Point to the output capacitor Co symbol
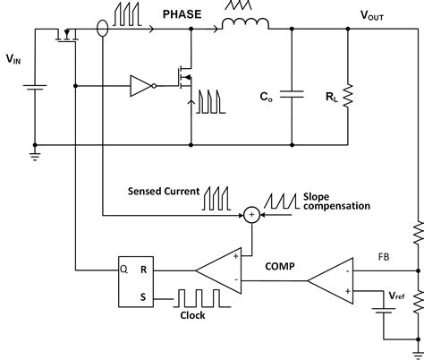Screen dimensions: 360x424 point(292,91)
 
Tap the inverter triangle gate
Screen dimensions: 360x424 point(141,87)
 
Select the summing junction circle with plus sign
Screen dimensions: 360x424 point(253,213)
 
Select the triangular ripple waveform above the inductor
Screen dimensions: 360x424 point(238,9)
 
